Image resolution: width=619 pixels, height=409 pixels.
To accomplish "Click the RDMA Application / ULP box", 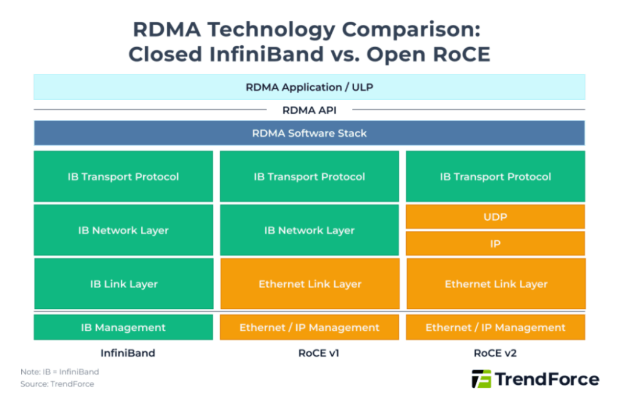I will pyautogui.click(x=309, y=87).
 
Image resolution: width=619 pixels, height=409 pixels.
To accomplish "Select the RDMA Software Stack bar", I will pyautogui.click(x=309, y=133).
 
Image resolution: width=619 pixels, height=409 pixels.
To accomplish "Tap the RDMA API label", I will pyautogui.click(x=309, y=110).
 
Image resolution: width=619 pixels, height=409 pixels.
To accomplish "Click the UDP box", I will pyautogui.click(x=495, y=217).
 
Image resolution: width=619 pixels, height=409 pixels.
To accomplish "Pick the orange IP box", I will pyautogui.click(x=495, y=244).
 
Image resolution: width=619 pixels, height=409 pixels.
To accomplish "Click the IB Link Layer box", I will pyautogui.click(x=123, y=284).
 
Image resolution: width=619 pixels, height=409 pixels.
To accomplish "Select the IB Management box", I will pyautogui.click(x=123, y=327).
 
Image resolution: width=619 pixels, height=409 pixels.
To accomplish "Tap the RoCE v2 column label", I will pyautogui.click(x=495, y=353).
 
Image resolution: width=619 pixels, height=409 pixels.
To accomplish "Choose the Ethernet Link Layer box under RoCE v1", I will pyautogui.click(x=309, y=284).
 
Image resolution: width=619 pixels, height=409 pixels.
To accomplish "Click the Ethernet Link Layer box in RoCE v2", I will pyautogui.click(x=496, y=284).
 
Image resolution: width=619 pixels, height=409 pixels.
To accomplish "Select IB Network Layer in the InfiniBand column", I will pyautogui.click(x=123, y=231).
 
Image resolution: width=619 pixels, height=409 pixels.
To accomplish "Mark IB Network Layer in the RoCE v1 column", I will pyautogui.click(x=309, y=231).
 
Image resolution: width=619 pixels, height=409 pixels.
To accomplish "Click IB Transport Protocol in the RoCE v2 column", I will pyautogui.click(x=495, y=177).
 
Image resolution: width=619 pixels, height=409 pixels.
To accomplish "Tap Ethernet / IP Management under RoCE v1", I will pyautogui.click(x=309, y=327).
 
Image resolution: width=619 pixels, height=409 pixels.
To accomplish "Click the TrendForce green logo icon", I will pyautogui.click(x=481, y=379).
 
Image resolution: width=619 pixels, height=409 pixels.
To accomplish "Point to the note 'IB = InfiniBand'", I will pyautogui.click(x=60, y=372).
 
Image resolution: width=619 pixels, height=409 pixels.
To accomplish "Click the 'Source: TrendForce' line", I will pyautogui.click(x=57, y=384).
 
